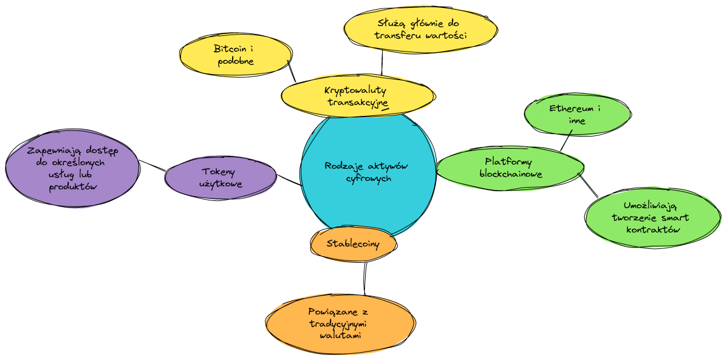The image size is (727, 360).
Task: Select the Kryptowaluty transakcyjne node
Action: [x=358, y=96]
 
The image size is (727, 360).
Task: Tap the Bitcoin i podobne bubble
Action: [x=234, y=55]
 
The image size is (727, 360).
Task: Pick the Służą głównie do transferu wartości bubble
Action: [x=421, y=29]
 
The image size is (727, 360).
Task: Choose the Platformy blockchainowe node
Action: [x=510, y=168]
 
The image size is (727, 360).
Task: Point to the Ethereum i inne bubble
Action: [x=576, y=114]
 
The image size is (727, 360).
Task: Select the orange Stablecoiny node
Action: [x=353, y=243]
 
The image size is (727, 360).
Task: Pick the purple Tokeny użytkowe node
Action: [x=220, y=177]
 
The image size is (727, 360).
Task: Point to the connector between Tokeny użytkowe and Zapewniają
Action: [x=152, y=165]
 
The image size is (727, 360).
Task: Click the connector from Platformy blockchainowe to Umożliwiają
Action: [x=587, y=185]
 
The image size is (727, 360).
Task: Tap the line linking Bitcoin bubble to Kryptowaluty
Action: [x=292, y=71]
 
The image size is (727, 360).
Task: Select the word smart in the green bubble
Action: [x=675, y=217]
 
